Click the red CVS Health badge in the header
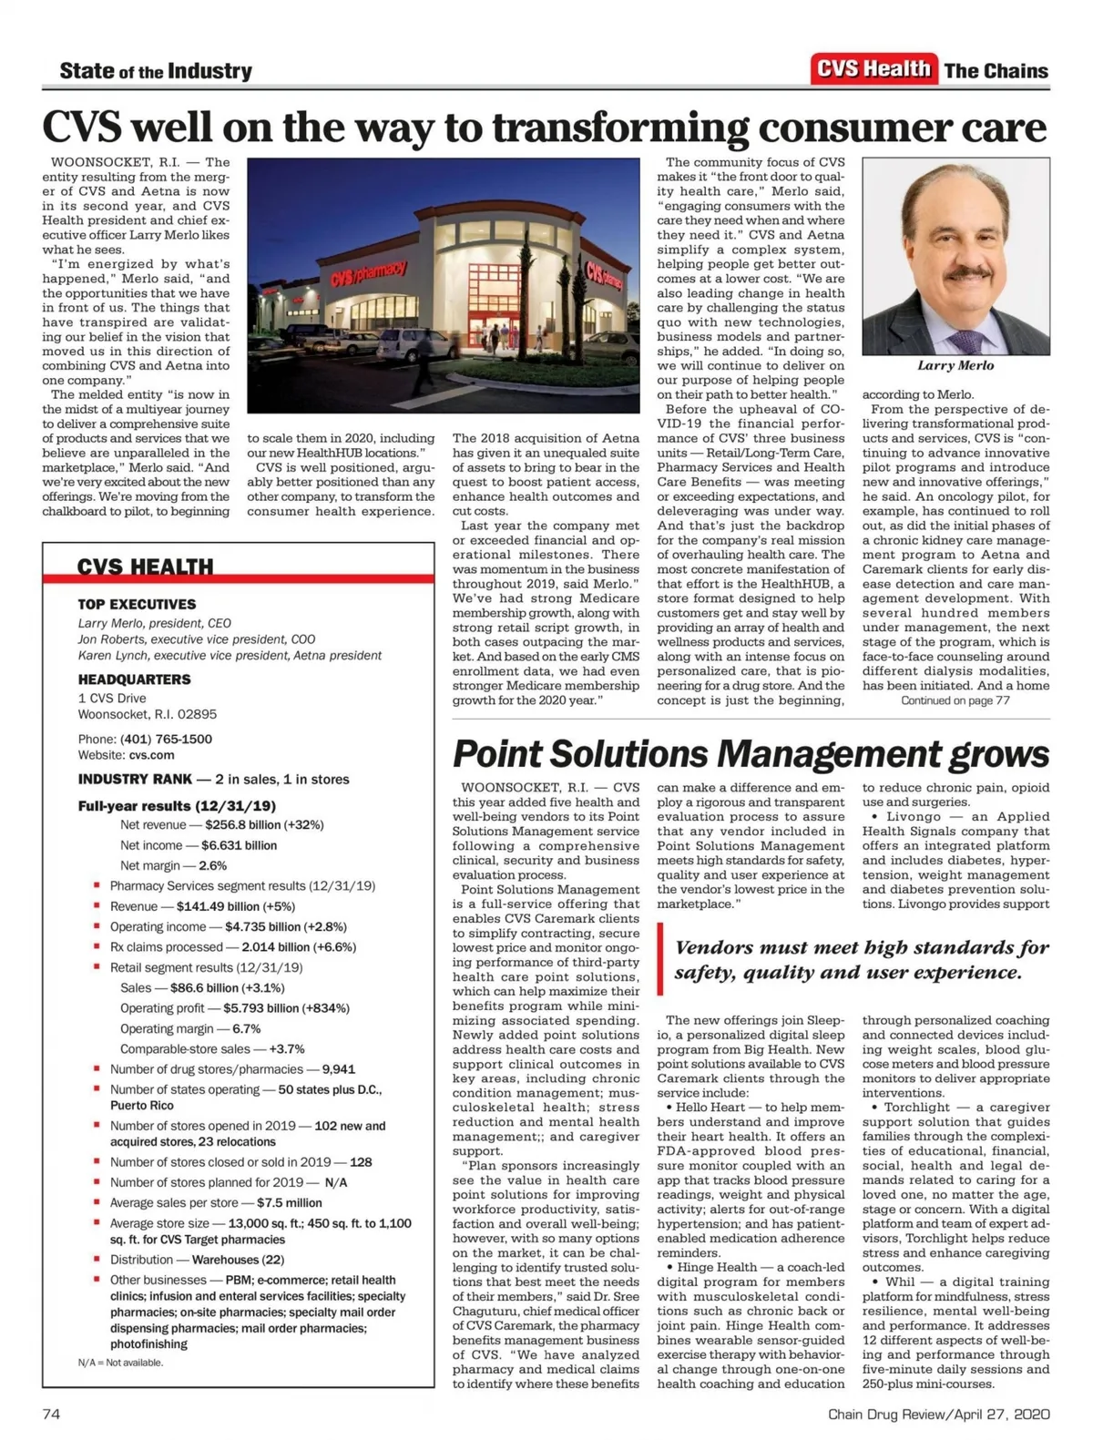coord(873,69)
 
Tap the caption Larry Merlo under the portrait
coord(955,365)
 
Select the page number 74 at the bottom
coord(51,1414)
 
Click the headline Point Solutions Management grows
coord(751,754)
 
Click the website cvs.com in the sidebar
coord(151,755)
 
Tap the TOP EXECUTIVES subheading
coord(137,604)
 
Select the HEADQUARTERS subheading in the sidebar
coord(134,679)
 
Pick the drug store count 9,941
coord(339,1069)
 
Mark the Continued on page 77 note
coord(955,700)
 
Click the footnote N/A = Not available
coord(120,1363)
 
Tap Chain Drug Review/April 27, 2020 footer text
coord(938,1414)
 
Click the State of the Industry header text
coord(156,71)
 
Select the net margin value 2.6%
coord(212,866)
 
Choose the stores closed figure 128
coord(361,1162)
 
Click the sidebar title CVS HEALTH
coord(145,567)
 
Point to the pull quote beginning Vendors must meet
coord(861,960)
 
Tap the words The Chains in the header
coord(996,71)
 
